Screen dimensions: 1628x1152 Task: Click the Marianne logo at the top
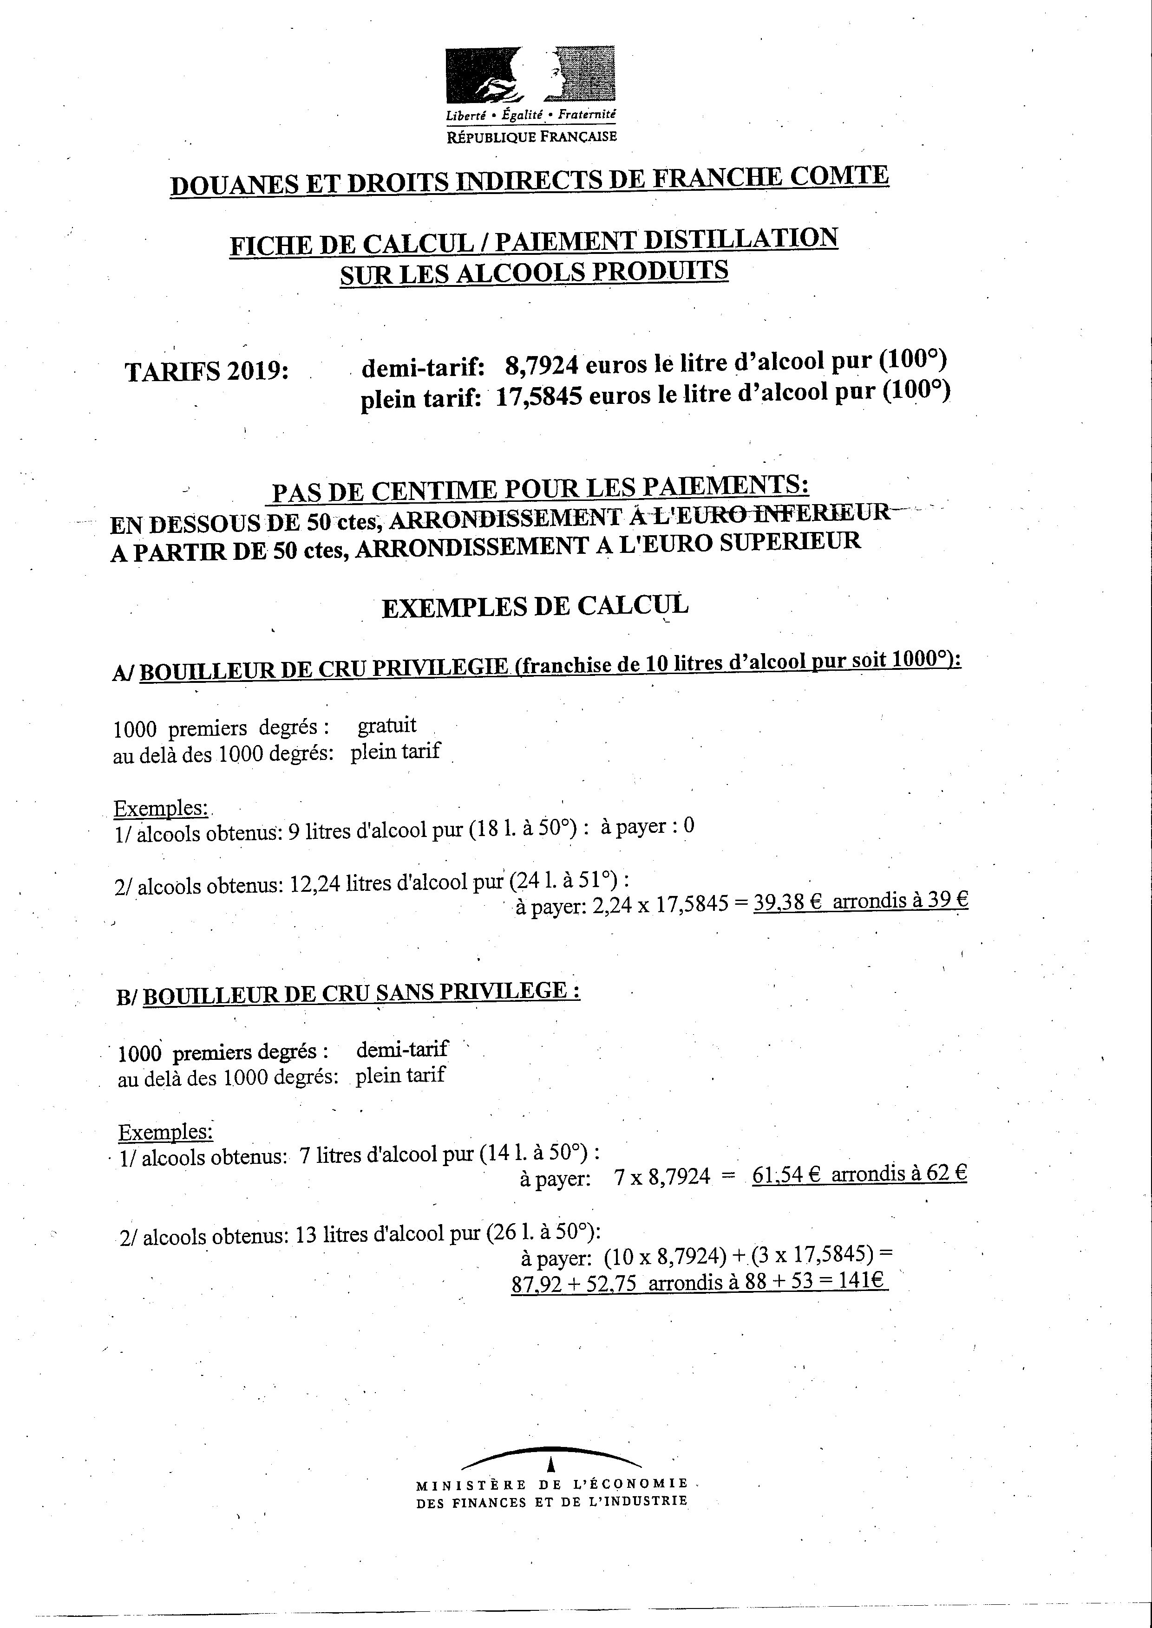tap(530, 75)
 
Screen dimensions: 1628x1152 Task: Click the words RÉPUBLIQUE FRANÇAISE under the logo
tap(531, 136)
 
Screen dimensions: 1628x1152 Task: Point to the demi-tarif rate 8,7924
tap(541, 366)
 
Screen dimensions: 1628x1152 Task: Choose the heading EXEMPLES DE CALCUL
tap(535, 607)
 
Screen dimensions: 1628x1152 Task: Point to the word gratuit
tap(386, 726)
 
